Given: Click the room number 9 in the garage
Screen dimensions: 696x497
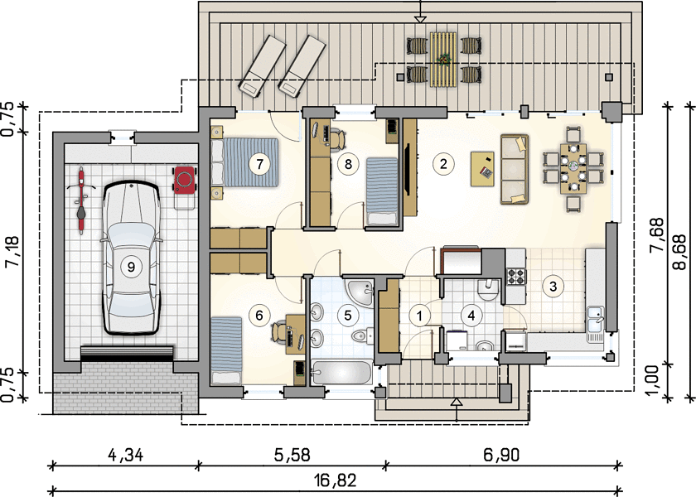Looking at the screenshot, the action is point(131,267).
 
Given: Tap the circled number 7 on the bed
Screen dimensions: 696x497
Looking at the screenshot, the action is point(259,164).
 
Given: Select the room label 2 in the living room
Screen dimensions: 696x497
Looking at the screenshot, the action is point(443,164).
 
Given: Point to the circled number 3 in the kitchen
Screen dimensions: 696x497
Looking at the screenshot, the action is point(553,287).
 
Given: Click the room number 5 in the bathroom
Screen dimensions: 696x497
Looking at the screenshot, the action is point(347,315).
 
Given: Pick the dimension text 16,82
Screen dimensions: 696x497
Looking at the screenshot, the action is point(336,480).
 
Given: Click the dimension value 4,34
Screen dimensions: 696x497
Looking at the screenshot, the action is point(126,456).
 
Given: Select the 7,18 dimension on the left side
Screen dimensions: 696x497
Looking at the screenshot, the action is point(12,252).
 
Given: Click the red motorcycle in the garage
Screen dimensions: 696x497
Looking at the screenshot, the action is point(81,200).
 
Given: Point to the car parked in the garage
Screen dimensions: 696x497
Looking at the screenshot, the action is point(132,258).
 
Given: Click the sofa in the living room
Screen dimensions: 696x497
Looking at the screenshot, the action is point(515,169).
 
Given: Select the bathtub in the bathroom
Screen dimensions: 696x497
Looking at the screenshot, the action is point(341,374).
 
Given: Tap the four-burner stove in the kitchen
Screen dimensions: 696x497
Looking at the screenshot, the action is point(516,277).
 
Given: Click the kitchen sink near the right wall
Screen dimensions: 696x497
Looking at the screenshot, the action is point(595,325).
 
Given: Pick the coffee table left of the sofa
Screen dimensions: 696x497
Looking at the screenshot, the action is point(482,169).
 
